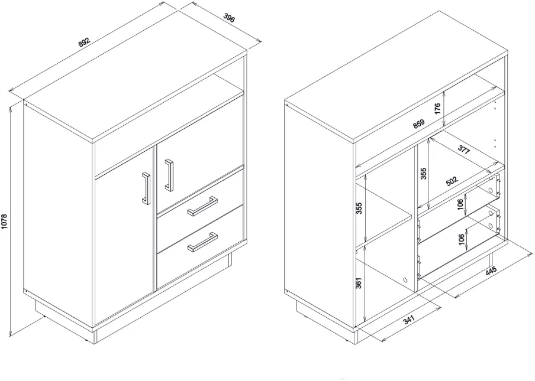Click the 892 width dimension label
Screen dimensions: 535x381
coord(84,42)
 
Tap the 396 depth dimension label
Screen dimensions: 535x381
coord(229,18)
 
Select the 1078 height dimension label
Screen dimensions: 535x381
coord(4,222)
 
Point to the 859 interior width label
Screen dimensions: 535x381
coord(418,123)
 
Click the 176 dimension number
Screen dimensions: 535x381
coord(438,108)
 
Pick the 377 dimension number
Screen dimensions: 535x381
coord(464,149)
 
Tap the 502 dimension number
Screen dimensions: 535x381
coord(452,181)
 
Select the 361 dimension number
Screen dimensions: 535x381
coord(359,282)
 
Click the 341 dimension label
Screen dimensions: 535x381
coord(408,320)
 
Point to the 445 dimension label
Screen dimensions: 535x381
coord(491,271)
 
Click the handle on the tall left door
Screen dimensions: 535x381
coord(146,188)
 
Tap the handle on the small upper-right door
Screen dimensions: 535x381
coord(169,175)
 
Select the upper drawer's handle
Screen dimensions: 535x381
coord(202,206)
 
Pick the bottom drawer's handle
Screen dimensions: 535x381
coord(202,242)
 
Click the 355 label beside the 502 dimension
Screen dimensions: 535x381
coord(423,174)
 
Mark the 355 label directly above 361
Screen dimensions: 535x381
coord(359,208)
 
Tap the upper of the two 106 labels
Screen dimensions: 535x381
coord(460,204)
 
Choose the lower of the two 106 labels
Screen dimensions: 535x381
coord(461,240)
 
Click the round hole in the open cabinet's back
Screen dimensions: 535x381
coord(405,280)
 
